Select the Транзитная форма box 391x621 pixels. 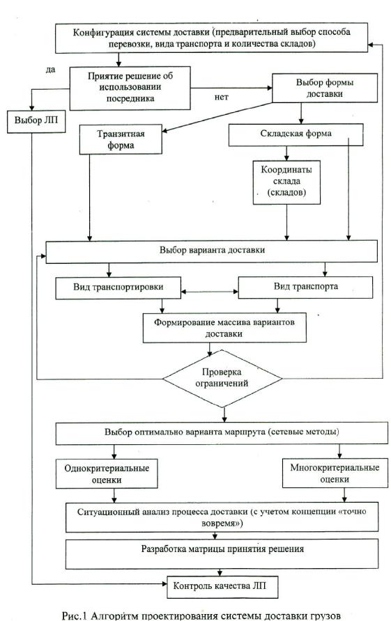[121, 139]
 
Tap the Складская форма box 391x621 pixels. [296, 134]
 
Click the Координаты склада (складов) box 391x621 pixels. [286, 182]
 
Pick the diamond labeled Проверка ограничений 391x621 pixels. [222, 378]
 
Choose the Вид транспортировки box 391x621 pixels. [118, 288]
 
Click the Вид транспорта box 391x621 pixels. [305, 287]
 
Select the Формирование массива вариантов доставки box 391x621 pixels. [224, 328]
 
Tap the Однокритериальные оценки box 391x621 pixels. [107, 473]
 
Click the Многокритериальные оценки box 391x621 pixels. [335, 473]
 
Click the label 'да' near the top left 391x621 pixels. [51, 70]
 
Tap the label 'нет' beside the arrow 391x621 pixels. [221, 97]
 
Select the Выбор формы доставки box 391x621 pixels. [324, 88]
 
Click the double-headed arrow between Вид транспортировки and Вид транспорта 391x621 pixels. [209, 292]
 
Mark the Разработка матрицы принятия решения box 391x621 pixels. [222, 554]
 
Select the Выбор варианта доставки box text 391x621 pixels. [212, 251]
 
